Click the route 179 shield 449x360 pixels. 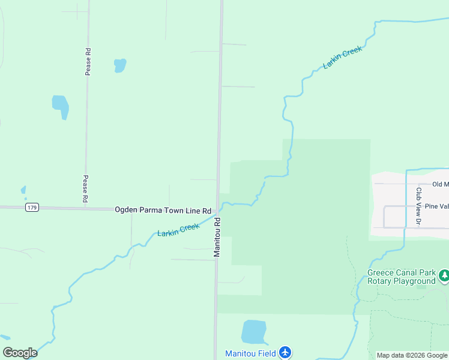click(x=32, y=208)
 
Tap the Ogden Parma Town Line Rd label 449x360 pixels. click(x=163, y=211)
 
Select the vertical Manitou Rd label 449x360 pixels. click(x=217, y=237)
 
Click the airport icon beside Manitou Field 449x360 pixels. click(x=285, y=353)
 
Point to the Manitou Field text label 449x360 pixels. click(x=250, y=354)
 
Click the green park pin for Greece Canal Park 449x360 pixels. click(x=444, y=277)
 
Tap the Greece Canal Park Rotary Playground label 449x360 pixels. click(x=401, y=277)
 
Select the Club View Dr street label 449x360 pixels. click(x=418, y=207)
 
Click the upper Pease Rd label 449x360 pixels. click(x=88, y=61)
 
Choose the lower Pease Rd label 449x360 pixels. click(x=86, y=188)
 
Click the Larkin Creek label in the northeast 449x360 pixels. click(x=342, y=58)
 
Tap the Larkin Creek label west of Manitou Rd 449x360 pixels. click(x=178, y=229)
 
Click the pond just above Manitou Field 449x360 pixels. click(x=253, y=332)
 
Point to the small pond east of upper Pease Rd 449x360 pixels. click(x=120, y=65)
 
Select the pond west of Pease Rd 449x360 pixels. click(x=61, y=106)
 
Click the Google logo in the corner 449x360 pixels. click(x=20, y=353)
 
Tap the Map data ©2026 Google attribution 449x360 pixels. click(x=412, y=355)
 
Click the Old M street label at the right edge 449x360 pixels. click(x=439, y=184)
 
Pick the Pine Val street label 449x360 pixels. click(x=436, y=206)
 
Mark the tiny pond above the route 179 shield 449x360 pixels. click(x=24, y=190)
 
